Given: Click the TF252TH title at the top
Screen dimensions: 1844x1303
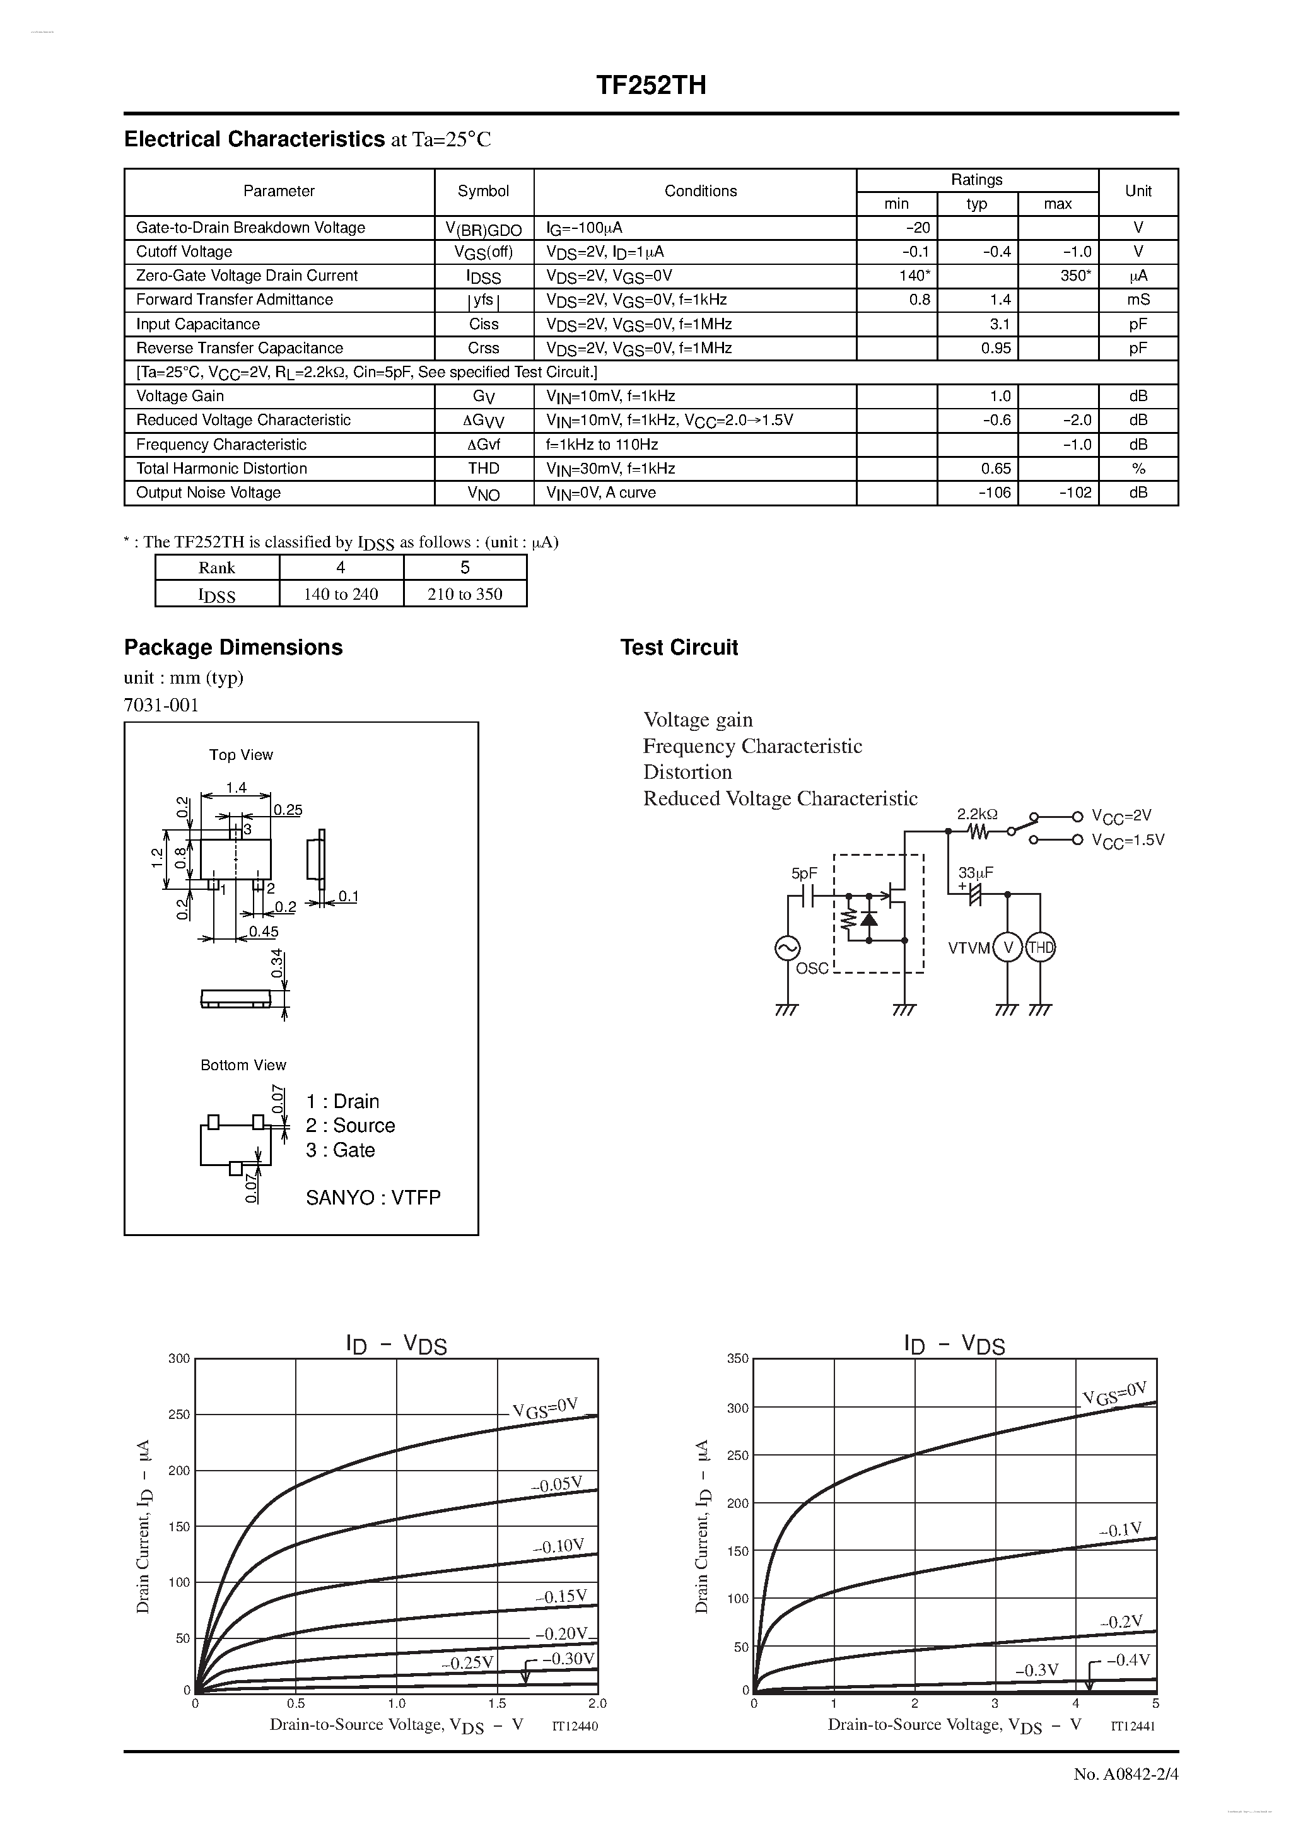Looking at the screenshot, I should coord(651,85).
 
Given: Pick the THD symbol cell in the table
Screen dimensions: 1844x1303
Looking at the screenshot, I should coord(484,468).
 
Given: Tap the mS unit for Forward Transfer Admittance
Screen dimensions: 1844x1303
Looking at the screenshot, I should coord(1138,300).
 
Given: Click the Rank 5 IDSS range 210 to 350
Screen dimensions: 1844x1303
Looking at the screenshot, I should coord(465,594).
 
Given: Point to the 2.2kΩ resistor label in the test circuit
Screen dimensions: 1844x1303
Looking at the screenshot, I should coord(977,814).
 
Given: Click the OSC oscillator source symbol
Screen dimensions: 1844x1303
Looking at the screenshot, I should coord(786,948).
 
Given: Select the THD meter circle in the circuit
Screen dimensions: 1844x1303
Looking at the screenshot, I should coord(1040,948).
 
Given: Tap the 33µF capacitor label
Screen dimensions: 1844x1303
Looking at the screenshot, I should coord(975,873).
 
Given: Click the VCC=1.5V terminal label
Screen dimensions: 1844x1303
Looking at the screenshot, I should coord(1128,840).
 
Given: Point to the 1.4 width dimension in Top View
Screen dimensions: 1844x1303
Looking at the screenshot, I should coord(235,788).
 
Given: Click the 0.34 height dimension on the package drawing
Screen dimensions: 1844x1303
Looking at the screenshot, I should coord(277,963).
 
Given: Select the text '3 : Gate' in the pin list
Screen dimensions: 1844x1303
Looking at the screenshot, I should coord(341,1150).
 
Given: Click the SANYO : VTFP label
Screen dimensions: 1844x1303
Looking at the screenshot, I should coord(373,1198).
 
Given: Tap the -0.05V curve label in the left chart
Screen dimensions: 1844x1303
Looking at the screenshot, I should coord(556,1485).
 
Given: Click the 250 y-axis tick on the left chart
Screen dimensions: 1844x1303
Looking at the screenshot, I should coord(179,1415).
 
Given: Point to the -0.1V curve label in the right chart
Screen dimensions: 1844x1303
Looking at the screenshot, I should coord(1120,1531).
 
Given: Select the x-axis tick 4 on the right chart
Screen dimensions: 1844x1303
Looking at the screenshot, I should coord(1076,1703).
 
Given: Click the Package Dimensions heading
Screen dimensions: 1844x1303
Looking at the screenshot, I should coord(233,647).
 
